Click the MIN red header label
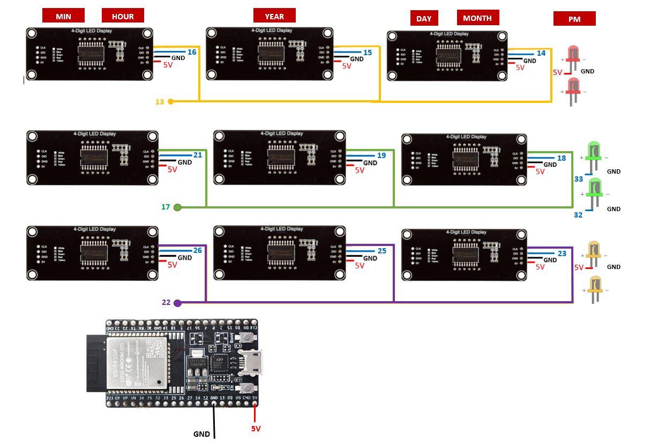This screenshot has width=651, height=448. [63, 16]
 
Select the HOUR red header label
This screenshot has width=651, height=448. [123, 16]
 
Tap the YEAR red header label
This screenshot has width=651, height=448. [274, 16]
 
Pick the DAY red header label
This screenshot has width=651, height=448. [424, 18]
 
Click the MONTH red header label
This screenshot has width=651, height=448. [477, 17]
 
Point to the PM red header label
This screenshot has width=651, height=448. [574, 19]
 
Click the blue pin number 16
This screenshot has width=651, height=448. [192, 52]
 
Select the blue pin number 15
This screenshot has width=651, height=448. [367, 53]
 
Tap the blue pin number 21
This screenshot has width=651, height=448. [198, 155]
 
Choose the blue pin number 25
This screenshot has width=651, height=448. [381, 251]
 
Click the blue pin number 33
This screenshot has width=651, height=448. [579, 179]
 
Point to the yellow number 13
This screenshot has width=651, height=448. [160, 102]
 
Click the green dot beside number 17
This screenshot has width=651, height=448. [178, 207]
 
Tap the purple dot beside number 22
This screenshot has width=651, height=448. [178, 303]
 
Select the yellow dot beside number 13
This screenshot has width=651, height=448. [171, 101]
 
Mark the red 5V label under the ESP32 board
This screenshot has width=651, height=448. [256, 429]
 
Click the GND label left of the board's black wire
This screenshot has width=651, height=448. [201, 434]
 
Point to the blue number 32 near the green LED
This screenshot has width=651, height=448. [578, 215]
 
